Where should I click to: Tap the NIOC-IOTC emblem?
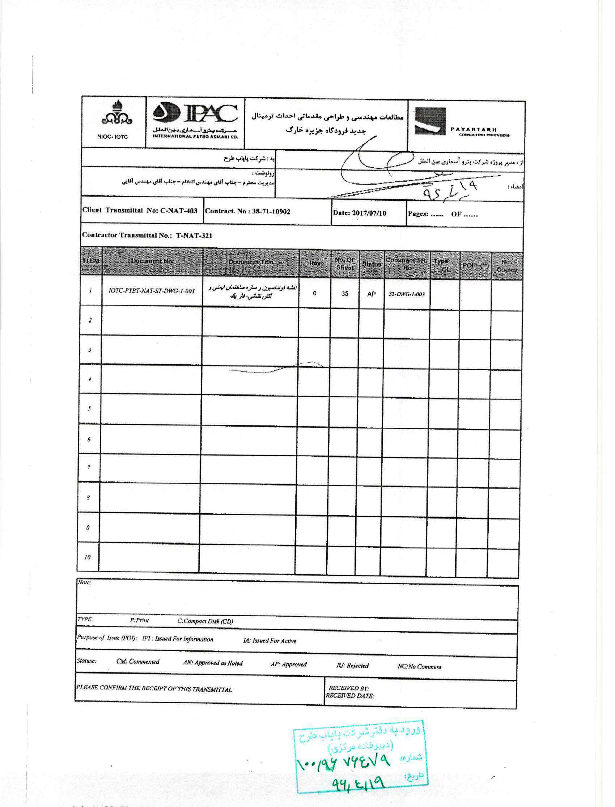[113, 121]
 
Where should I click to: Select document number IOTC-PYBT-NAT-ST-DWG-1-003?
[152, 291]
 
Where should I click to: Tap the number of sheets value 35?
[344, 293]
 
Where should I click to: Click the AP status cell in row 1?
[371, 294]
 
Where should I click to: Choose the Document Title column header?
[251, 262]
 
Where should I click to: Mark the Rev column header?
[314, 263]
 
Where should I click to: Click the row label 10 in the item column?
[88, 557]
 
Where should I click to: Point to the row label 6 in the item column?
[89, 439]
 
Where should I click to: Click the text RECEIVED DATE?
[349, 696]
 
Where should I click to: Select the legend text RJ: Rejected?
[352, 665]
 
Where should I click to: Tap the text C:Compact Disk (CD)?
[205, 621]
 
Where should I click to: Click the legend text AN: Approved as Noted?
[213, 663]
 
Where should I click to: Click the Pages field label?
[418, 214]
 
